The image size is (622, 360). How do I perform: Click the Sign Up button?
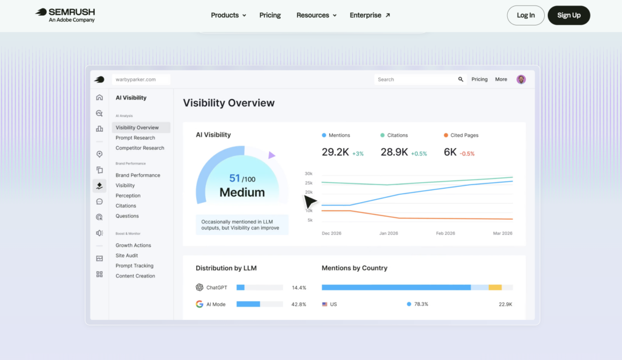[569, 15]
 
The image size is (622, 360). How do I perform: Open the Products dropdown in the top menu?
[228, 15]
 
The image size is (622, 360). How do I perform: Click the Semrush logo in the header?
[66, 15]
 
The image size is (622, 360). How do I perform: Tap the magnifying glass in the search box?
[460, 80]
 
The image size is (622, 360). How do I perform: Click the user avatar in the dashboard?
[521, 80]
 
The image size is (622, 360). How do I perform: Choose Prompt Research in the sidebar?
[135, 138]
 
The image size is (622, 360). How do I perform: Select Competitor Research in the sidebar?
[140, 148]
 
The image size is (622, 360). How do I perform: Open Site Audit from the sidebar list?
[126, 256]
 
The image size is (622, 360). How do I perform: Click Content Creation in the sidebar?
[135, 276]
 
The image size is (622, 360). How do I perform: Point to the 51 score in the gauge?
[234, 178]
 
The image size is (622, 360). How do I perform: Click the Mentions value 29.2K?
[335, 152]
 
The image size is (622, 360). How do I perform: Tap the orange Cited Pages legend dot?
[446, 135]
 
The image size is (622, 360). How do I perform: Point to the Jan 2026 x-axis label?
[388, 233]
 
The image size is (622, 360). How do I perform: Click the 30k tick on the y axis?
[309, 174]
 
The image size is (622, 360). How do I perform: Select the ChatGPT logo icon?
[199, 287]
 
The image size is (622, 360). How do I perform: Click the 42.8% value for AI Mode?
[299, 305]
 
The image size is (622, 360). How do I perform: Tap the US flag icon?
[324, 305]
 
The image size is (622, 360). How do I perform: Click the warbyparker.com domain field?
[141, 80]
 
